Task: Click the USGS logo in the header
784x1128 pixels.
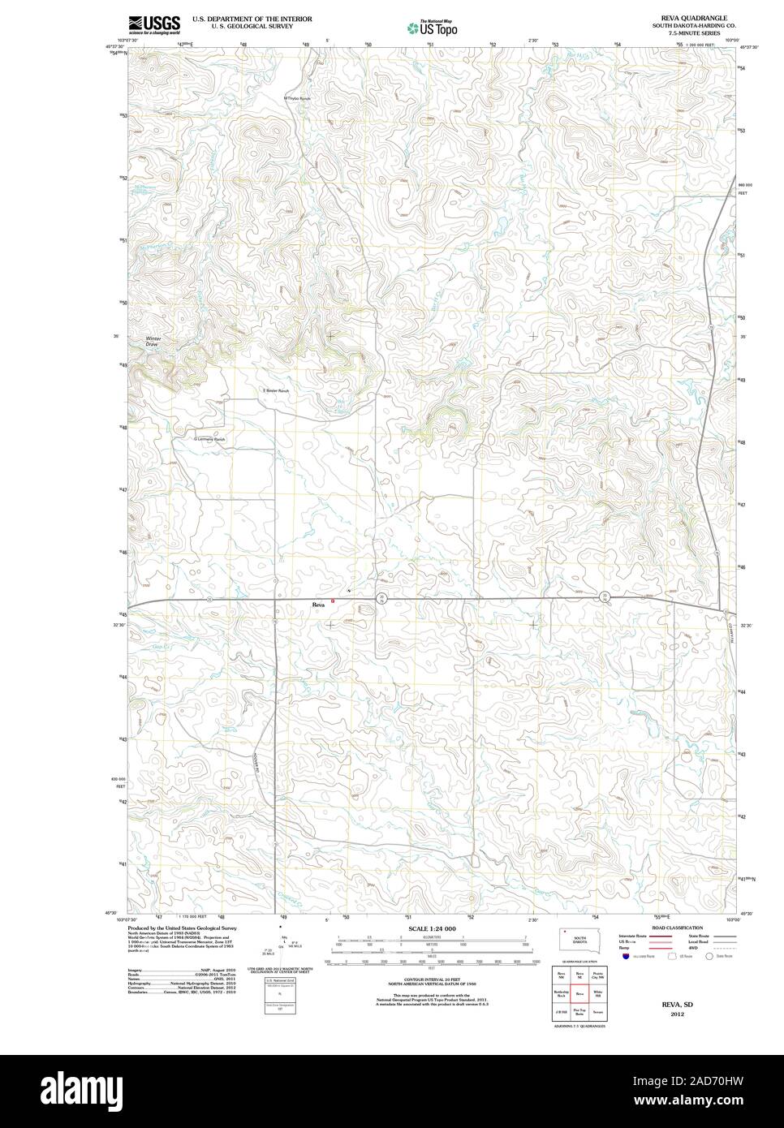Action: click(x=153, y=24)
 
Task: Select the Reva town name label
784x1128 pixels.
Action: click(x=319, y=605)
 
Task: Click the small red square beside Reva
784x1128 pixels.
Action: click(x=333, y=601)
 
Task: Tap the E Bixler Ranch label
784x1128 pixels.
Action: click(x=276, y=391)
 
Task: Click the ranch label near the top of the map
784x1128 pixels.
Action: click(x=298, y=98)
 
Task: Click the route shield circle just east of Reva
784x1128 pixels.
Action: click(x=381, y=598)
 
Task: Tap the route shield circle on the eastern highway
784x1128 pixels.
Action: click(x=604, y=597)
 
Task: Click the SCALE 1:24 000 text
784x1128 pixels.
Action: click(x=432, y=928)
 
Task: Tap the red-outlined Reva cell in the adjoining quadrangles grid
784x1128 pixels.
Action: click(x=579, y=992)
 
